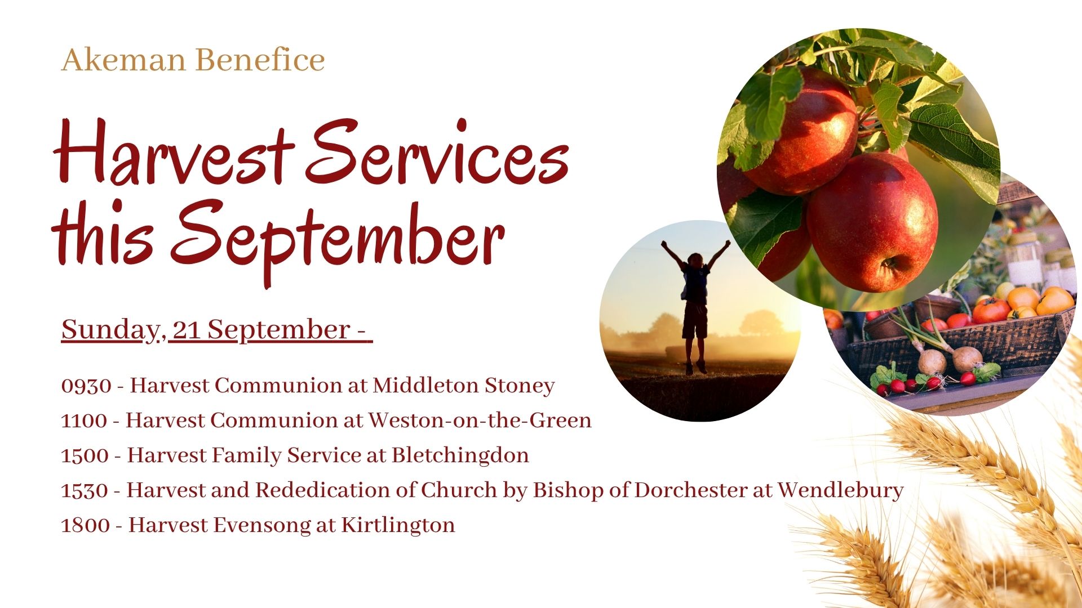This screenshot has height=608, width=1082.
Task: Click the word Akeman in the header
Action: click(x=123, y=60)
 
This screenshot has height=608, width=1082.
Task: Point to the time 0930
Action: click(x=86, y=386)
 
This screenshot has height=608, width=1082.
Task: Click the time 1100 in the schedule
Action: click(x=83, y=421)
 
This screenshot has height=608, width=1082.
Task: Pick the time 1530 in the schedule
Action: click(x=84, y=491)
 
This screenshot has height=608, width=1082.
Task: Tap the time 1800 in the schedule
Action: click(x=85, y=526)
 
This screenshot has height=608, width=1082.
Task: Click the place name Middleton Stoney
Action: click(x=464, y=386)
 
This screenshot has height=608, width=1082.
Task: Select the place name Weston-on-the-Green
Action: click(x=480, y=421)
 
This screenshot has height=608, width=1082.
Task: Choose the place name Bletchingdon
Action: click(x=460, y=455)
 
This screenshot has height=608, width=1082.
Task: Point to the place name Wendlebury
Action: click(x=841, y=490)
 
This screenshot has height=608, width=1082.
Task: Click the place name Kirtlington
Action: click(x=398, y=525)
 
